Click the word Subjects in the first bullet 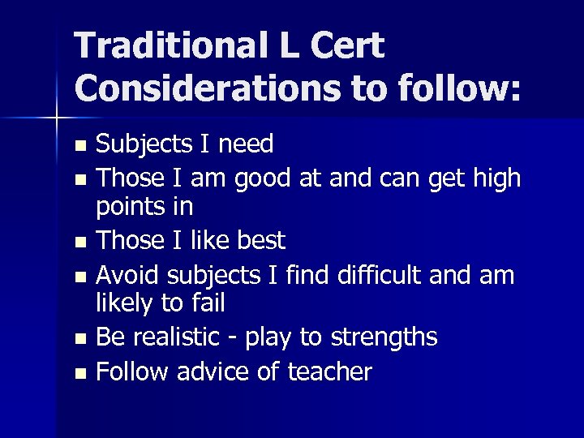[145, 144]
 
